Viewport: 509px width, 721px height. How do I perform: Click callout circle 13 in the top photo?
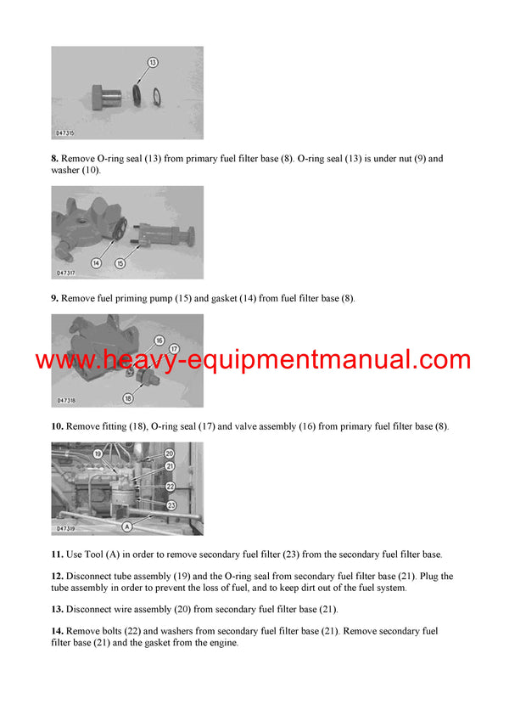click(153, 62)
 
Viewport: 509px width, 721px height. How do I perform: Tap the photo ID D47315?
click(67, 133)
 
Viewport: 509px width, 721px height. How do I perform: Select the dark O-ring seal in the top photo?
click(138, 93)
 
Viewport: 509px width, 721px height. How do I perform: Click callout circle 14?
click(96, 263)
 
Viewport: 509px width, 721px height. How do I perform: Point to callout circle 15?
click(120, 263)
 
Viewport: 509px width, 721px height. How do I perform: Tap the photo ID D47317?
click(67, 273)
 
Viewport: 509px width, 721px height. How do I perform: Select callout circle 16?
click(158, 340)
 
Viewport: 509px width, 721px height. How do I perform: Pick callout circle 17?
click(175, 347)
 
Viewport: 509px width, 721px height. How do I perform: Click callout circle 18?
click(151, 397)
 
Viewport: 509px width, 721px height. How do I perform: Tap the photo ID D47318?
click(67, 401)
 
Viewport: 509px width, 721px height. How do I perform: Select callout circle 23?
click(171, 504)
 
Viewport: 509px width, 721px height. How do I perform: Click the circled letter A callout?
click(127, 527)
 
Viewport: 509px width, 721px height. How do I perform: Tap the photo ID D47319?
click(67, 528)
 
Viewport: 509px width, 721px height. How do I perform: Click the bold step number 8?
click(55, 159)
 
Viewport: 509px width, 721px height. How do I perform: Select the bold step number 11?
click(58, 555)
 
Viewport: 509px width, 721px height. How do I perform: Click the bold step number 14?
click(58, 631)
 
